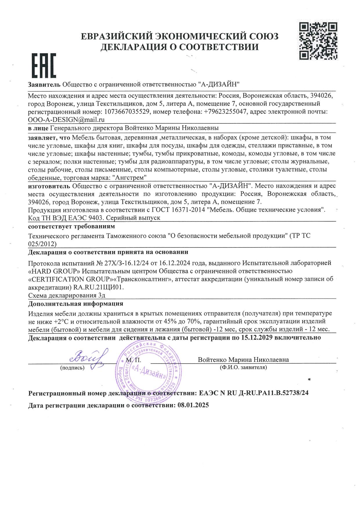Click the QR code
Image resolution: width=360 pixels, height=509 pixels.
318,41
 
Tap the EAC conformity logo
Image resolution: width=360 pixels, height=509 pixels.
44,66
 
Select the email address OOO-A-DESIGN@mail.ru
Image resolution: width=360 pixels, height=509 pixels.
66,120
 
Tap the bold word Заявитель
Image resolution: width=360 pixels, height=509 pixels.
44,84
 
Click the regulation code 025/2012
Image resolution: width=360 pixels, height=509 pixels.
42,244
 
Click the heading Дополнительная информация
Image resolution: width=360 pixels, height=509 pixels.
75,304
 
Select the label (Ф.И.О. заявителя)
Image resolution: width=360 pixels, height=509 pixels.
243,368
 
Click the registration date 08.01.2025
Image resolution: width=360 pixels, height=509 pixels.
193,405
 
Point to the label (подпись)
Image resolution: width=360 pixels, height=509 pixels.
72,368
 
